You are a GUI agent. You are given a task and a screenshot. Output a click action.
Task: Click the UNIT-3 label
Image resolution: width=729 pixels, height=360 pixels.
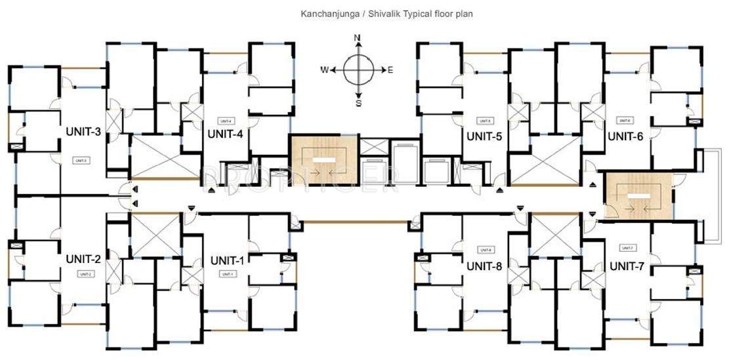coord(83,132)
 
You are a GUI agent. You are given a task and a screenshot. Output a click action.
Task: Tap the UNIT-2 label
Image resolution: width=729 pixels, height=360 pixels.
coord(83,258)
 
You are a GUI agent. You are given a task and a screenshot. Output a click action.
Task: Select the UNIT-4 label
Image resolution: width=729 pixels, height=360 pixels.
coord(225,134)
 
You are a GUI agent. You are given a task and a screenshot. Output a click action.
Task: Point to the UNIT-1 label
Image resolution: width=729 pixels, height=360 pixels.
coord(228,260)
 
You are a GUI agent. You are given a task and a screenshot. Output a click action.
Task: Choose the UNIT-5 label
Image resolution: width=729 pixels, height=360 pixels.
coord(484,136)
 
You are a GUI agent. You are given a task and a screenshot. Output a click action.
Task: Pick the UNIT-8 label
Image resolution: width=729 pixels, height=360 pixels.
coord(484,266)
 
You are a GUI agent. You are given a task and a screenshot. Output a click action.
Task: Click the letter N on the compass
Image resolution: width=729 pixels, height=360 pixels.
coord(358,38)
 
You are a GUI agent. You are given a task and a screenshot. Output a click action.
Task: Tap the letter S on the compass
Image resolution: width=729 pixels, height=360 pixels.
coord(358,102)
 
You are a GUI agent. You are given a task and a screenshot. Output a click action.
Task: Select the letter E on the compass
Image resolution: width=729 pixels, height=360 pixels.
coord(390,70)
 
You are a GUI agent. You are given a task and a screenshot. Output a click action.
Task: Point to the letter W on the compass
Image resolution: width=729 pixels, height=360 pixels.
coord(324,70)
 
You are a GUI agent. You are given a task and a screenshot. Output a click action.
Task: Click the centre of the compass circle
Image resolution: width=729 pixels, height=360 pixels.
coord(358,70)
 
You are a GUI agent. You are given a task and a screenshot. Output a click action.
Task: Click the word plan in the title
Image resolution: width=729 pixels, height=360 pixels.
coord(464,13)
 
